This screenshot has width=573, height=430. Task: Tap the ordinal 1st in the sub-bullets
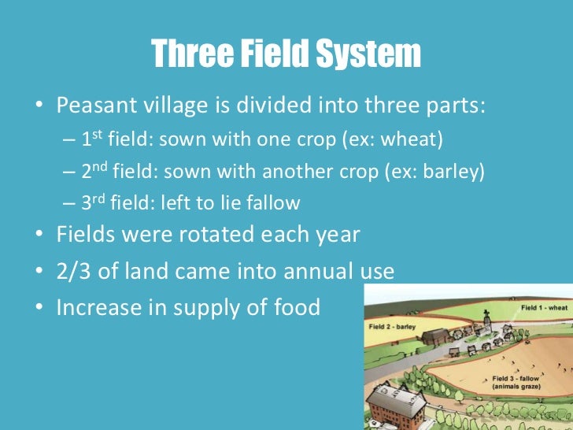point(94,139)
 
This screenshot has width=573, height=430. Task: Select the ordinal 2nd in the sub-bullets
point(98,170)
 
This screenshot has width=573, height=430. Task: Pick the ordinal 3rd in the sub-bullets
point(96,202)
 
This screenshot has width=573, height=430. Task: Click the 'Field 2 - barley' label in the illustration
point(394,324)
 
